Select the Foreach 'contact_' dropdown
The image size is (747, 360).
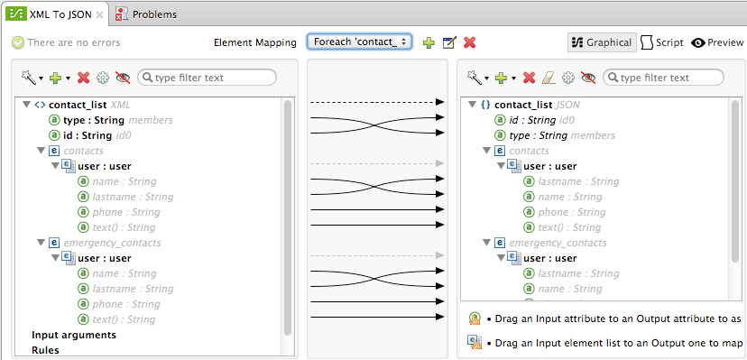(x=360, y=42)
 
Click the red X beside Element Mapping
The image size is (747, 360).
(x=469, y=42)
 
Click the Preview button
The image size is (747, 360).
(x=717, y=42)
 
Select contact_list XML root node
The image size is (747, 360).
(x=77, y=105)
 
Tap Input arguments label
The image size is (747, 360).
(x=73, y=335)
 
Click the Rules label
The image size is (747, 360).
(x=45, y=350)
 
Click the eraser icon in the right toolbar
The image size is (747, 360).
(x=549, y=78)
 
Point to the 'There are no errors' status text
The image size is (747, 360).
(x=73, y=42)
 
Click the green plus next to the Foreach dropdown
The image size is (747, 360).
(x=429, y=42)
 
